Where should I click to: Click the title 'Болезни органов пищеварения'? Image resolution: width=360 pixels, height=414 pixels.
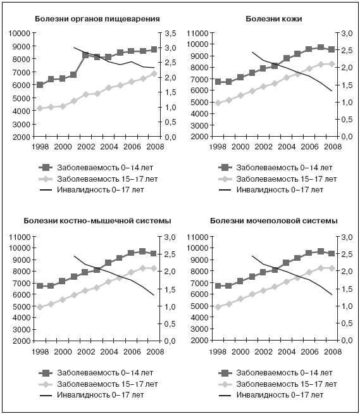pyautogui.click(x=97, y=19)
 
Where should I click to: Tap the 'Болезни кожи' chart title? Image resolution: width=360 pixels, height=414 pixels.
pyautogui.click(x=274, y=19)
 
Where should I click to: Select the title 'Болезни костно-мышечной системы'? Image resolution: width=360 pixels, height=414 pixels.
pyautogui.click(x=97, y=221)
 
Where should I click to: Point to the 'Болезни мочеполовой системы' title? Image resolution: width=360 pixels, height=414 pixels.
pyautogui.click(x=274, y=221)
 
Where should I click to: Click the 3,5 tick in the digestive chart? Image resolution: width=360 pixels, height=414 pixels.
pyautogui.click(x=170, y=34)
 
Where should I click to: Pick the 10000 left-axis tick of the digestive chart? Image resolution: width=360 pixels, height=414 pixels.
pyautogui.click(x=20, y=34)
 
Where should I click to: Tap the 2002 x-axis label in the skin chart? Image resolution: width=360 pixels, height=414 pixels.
pyautogui.click(x=263, y=146)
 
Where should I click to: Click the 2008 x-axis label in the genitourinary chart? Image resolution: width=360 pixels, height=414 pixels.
pyautogui.click(x=333, y=352)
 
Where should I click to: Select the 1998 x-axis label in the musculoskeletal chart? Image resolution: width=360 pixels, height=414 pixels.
pyautogui.click(x=40, y=352)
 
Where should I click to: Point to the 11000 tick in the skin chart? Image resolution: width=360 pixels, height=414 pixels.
pyautogui.click(x=197, y=34)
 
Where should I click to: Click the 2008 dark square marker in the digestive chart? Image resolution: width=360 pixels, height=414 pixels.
pyautogui.click(x=154, y=49)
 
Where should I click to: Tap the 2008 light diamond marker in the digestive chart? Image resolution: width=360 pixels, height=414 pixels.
pyautogui.click(x=154, y=73)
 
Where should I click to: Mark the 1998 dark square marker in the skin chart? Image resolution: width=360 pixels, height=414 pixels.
pyautogui.click(x=218, y=82)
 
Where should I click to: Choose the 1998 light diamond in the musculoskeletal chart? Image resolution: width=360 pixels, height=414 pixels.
pyautogui.click(x=40, y=307)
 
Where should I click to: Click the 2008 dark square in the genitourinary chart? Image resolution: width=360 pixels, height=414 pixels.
pyautogui.click(x=332, y=253)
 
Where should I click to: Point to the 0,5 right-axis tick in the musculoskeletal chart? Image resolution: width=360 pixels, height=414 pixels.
pyautogui.click(x=170, y=323)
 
